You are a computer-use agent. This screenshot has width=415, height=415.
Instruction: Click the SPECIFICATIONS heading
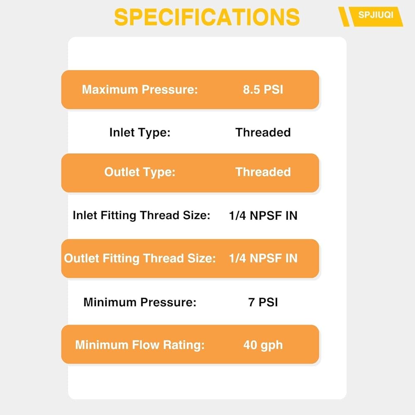pos(207,17)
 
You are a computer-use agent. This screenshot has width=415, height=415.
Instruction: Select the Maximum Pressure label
pos(140,90)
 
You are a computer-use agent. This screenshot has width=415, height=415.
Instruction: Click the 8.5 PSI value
pos(263,90)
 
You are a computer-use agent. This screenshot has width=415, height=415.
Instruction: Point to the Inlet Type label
pos(140,133)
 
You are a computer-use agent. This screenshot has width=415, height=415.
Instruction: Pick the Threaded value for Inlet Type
pos(263,132)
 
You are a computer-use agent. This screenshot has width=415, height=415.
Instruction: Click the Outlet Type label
pos(140,172)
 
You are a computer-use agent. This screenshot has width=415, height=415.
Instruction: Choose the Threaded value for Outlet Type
pos(263,172)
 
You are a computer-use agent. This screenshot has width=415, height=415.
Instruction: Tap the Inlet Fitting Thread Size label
pos(142,215)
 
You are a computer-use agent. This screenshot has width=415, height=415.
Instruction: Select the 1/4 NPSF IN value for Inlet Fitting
pos(263,215)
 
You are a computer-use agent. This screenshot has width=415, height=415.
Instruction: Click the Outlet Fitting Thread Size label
pos(140,258)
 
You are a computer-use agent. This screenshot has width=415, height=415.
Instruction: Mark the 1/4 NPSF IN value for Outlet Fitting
pos(263,258)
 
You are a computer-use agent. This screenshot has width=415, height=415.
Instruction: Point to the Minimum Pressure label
pos(140,302)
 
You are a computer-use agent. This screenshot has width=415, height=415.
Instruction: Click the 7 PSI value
pos(263,302)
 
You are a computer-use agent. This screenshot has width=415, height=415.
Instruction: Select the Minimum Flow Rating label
pos(140,345)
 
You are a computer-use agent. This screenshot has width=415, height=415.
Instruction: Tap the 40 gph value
pos(263,345)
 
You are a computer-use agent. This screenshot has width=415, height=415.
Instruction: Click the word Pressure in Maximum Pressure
pos(170,90)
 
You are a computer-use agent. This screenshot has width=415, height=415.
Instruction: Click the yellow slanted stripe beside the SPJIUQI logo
pos(344,17)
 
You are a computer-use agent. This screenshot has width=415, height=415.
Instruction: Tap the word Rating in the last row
pos(184,345)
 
